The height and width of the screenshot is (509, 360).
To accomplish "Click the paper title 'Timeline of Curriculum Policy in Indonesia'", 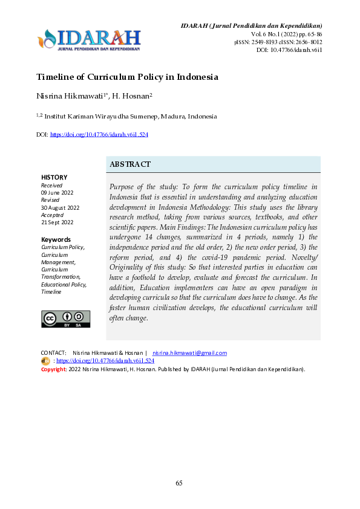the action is coord(127,77).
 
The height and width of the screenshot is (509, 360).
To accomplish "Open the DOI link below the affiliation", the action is coord(99,134).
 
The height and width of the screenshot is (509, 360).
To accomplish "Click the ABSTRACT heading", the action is coord(130,164).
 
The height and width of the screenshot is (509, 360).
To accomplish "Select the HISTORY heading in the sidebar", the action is coord(54,177).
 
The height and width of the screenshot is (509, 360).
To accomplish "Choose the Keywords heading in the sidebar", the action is coord(56,239).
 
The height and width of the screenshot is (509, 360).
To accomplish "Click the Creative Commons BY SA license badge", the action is coord(65,319).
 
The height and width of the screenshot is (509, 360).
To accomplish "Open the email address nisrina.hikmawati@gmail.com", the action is coord(190,352).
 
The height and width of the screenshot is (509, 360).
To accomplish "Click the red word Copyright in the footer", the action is coord(53,368).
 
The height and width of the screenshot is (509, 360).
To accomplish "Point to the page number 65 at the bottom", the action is coord(179,483).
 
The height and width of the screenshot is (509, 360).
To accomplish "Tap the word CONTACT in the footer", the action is coord(53,352).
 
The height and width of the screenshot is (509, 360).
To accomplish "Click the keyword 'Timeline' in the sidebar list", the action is coord(51,292).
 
